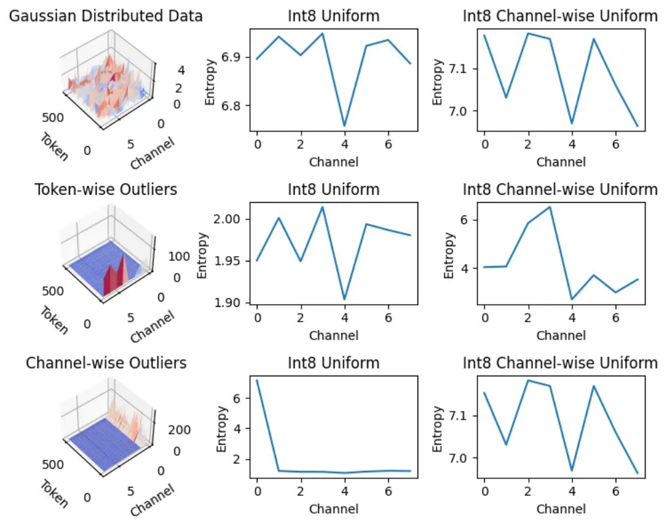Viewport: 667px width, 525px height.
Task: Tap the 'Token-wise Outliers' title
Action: tap(105, 190)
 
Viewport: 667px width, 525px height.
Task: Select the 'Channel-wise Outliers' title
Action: tap(105, 364)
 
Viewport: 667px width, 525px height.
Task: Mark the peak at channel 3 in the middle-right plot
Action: tap(550, 207)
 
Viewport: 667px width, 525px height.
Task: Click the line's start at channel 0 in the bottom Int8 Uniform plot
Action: tap(257, 380)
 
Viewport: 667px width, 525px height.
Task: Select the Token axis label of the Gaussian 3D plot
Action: tap(54, 147)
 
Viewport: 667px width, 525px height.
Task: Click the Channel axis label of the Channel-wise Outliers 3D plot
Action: tap(152, 500)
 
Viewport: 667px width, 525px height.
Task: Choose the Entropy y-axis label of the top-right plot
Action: tap(438, 82)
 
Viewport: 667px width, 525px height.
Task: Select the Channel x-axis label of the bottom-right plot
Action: tap(561, 509)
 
